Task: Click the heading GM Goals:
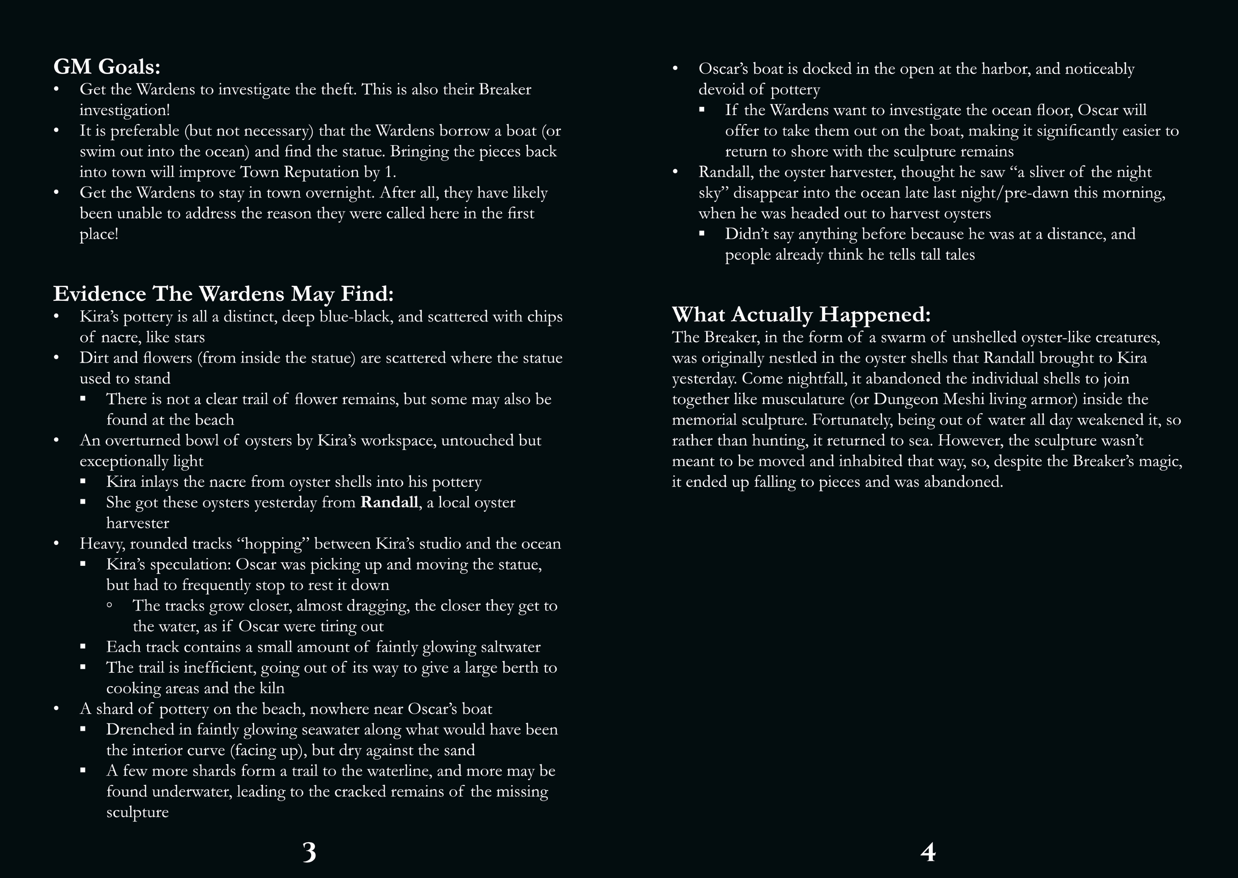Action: click(107, 67)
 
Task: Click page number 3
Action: click(309, 852)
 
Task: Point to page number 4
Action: click(928, 852)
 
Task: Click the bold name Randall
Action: click(389, 502)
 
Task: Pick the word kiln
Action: click(272, 688)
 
